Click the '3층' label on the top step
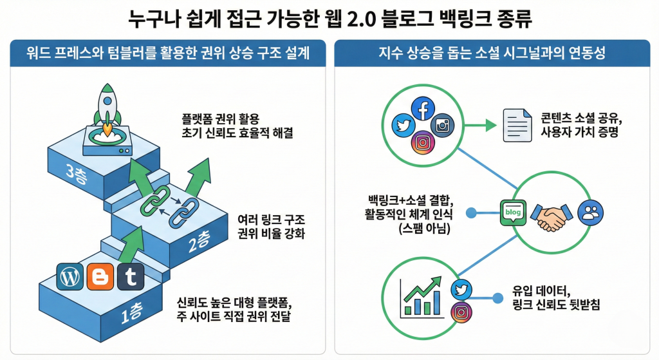click(x=79, y=172)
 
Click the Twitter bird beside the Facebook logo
click(x=403, y=126)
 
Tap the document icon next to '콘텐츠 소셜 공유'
click(x=515, y=126)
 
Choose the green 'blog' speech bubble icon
click(x=513, y=212)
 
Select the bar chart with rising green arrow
click(x=420, y=297)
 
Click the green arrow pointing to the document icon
click(x=473, y=126)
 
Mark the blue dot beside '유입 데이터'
click(x=497, y=298)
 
